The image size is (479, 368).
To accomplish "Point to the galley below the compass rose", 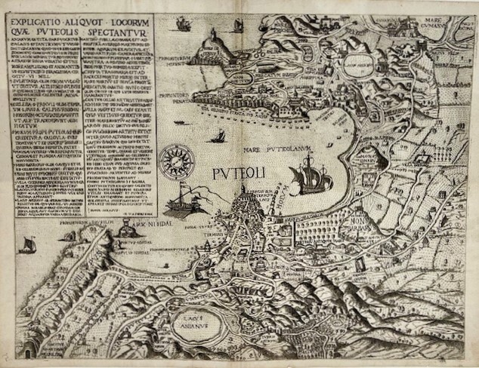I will pos(187,203).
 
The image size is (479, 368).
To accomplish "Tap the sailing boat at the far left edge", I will pos(28,244).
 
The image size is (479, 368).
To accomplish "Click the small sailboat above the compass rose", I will pos(220,136).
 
